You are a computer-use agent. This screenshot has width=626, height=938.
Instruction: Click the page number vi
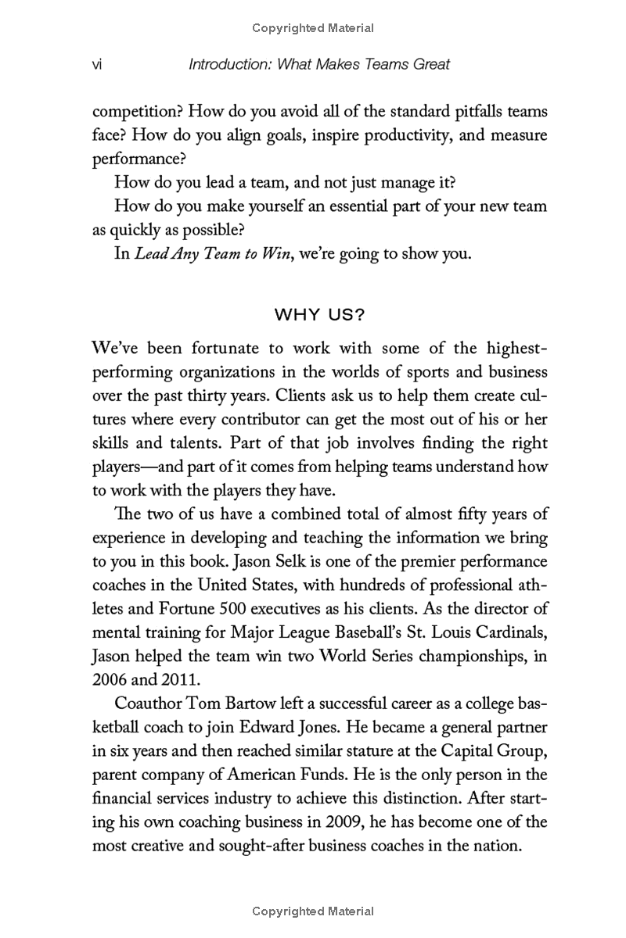pos(98,64)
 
